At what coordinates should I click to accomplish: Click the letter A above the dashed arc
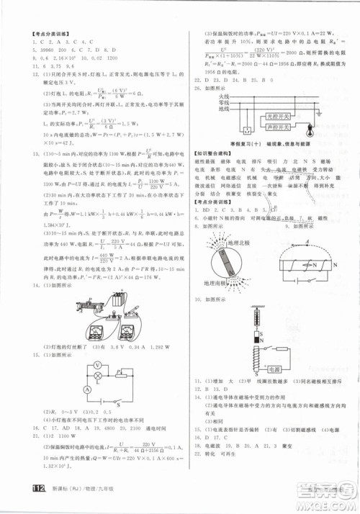point(307,243)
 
